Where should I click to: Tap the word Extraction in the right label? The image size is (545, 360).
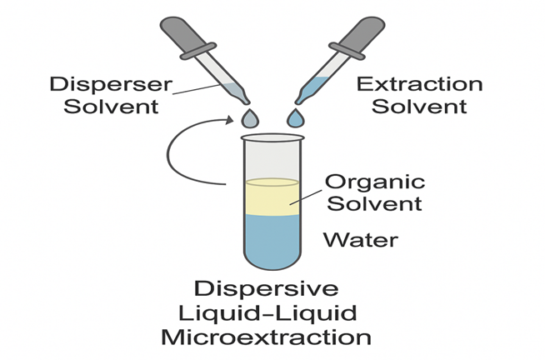pyautogui.click(x=419, y=85)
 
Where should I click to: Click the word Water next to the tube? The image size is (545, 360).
pyautogui.click(x=361, y=241)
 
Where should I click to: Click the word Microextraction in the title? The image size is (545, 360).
pyautogui.click(x=267, y=337)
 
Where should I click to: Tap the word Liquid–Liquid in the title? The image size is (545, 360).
pyautogui.click(x=267, y=314)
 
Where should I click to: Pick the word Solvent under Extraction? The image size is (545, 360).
pyautogui.click(x=419, y=106)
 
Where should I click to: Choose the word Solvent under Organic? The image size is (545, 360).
pyautogui.click(x=375, y=202)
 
